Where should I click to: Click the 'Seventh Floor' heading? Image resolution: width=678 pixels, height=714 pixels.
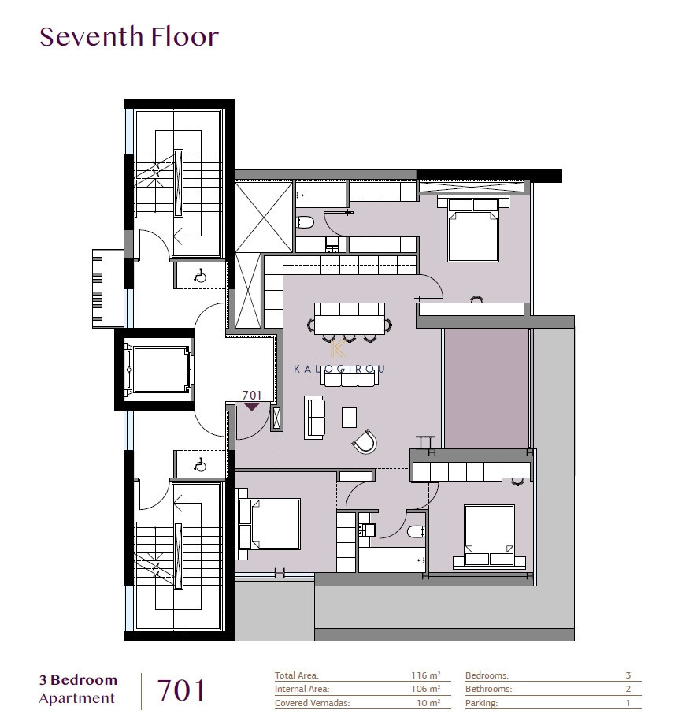point(129,37)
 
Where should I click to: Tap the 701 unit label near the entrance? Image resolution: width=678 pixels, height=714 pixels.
point(252,396)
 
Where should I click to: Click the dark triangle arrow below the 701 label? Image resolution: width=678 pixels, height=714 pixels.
point(252,407)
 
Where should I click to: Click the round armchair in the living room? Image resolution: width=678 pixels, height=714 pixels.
point(365,441)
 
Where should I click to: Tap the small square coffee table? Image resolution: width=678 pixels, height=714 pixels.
point(349,417)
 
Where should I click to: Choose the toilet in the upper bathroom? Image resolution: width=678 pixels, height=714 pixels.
point(306,223)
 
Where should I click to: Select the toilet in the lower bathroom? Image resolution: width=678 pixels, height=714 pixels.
point(416,531)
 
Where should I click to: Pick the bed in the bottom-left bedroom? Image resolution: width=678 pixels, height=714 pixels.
point(269,523)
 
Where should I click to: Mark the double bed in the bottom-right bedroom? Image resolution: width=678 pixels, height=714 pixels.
point(490,536)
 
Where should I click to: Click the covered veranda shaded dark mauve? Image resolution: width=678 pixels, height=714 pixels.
point(487,389)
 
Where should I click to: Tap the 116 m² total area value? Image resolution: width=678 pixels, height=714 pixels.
point(425,675)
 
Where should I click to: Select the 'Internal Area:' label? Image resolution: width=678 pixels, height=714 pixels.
point(302,689)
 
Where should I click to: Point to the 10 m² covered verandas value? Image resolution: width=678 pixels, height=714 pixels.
point(428,703)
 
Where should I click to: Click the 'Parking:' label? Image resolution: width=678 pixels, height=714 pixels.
point(481,704)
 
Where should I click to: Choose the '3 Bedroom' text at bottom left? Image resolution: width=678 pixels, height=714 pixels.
point(78,680)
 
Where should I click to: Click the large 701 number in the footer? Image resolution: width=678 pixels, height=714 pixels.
point(181,690)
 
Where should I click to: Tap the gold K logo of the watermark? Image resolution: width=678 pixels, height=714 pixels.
point(339,348)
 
